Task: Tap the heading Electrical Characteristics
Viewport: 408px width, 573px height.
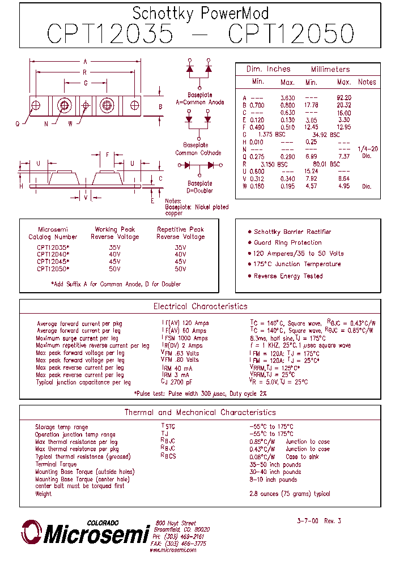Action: coord(200,306)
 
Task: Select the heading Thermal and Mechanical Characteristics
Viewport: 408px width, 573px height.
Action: coord(200,413)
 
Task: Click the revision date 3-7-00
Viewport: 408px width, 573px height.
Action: coord(308,521)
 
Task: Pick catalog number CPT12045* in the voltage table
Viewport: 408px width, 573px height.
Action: coord(53,262)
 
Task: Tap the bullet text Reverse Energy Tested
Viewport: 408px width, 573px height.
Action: coord(288,276)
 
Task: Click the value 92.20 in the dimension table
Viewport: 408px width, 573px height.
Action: coord(344,98)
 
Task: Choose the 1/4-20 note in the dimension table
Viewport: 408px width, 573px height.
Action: coord(367,149)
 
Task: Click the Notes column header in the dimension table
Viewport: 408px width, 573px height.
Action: coord(367,82)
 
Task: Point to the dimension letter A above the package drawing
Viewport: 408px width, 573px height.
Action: coord(86,61)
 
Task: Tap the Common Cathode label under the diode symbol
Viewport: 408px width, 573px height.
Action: coord(198,153)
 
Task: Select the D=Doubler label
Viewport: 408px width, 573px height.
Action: coord(199,191)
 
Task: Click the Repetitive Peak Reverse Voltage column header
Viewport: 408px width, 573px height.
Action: coord(180,233)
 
